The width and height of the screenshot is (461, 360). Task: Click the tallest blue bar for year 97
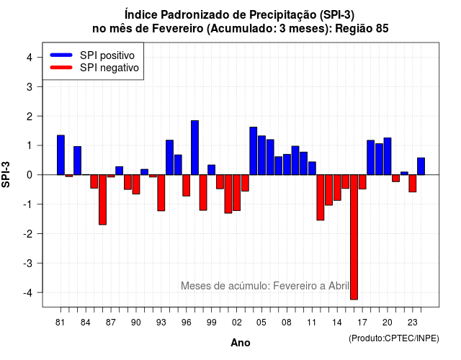click(x=194, y=148)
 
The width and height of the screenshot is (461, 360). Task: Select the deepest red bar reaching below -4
click(x=354, y=237)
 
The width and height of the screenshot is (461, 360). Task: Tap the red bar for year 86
click(x=102, y=200)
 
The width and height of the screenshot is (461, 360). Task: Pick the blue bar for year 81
click(x=61, y=155)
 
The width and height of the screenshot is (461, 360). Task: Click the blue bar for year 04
click(x=254, y=150)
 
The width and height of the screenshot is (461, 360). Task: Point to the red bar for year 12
click(x=321, y=197)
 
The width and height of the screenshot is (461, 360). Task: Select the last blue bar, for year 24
click(x=421, y=166)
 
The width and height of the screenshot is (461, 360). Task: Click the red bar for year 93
click(x=161, y=193)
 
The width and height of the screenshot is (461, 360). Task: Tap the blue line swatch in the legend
click(x=61, y=55)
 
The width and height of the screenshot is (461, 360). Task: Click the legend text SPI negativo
click(x=109, y=68)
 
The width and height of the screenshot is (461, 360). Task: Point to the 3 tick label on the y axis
click(x=30, y=86)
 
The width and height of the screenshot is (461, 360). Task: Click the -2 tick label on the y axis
click(x=28, y=233)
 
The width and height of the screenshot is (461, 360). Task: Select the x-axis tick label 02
click(x=237, y=323)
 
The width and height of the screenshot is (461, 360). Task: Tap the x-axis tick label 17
click(x=362, y=323)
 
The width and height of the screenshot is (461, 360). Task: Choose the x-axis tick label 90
click(x=136, y=323)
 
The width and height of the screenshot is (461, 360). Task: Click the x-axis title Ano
click(x=241, y=343)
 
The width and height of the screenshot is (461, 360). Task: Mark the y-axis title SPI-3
click(x=6, y=174)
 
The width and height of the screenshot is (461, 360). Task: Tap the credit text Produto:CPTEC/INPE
click(x=394, y=338)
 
